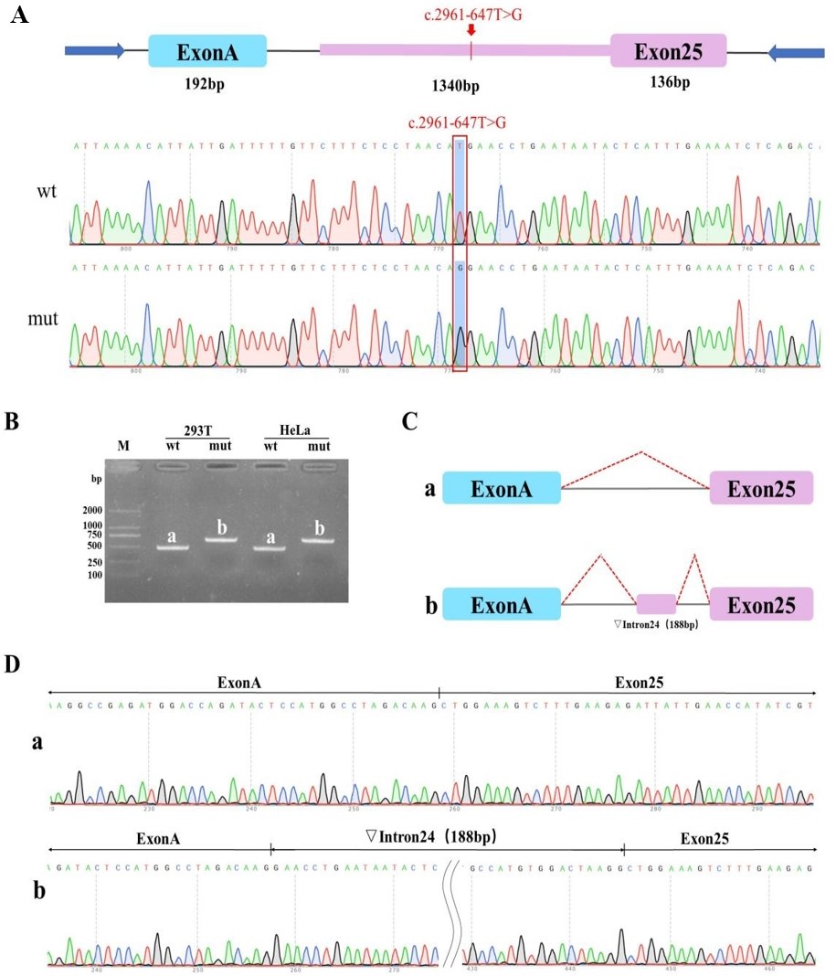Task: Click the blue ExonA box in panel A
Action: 207,51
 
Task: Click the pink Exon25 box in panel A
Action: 668,50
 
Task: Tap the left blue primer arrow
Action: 94,50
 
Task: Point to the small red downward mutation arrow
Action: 471,31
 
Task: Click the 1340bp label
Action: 456,86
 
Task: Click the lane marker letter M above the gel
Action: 125,444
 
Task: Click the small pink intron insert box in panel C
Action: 656,603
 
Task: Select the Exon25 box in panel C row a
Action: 761,488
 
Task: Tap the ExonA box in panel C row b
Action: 501,604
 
